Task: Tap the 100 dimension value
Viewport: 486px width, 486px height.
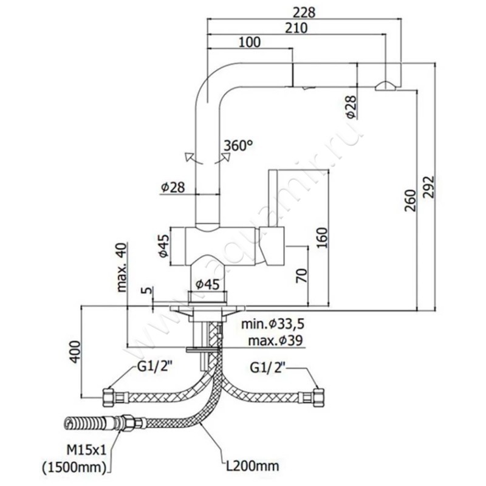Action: click(x=250, y=42)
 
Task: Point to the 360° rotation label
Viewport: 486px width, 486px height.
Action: click(x=238, y=146)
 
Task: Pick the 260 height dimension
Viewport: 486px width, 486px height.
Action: click(x=409, y=200)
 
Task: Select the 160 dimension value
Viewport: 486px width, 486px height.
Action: click(x=323, y=238)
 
